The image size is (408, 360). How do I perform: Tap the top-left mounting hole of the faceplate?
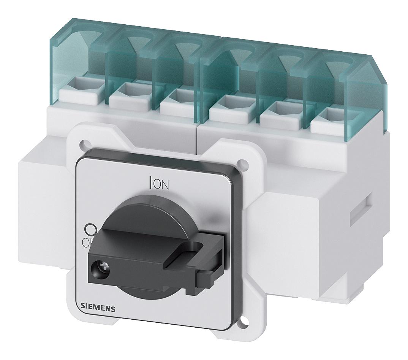click(x=82, y=144)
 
